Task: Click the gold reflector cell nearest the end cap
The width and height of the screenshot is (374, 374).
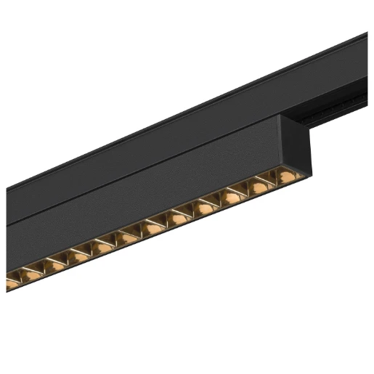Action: (280, 177)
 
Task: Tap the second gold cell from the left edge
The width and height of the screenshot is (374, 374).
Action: (31, 274)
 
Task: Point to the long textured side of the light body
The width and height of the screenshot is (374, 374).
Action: (145, 196)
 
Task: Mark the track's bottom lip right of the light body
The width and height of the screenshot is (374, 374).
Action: (341, 121)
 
